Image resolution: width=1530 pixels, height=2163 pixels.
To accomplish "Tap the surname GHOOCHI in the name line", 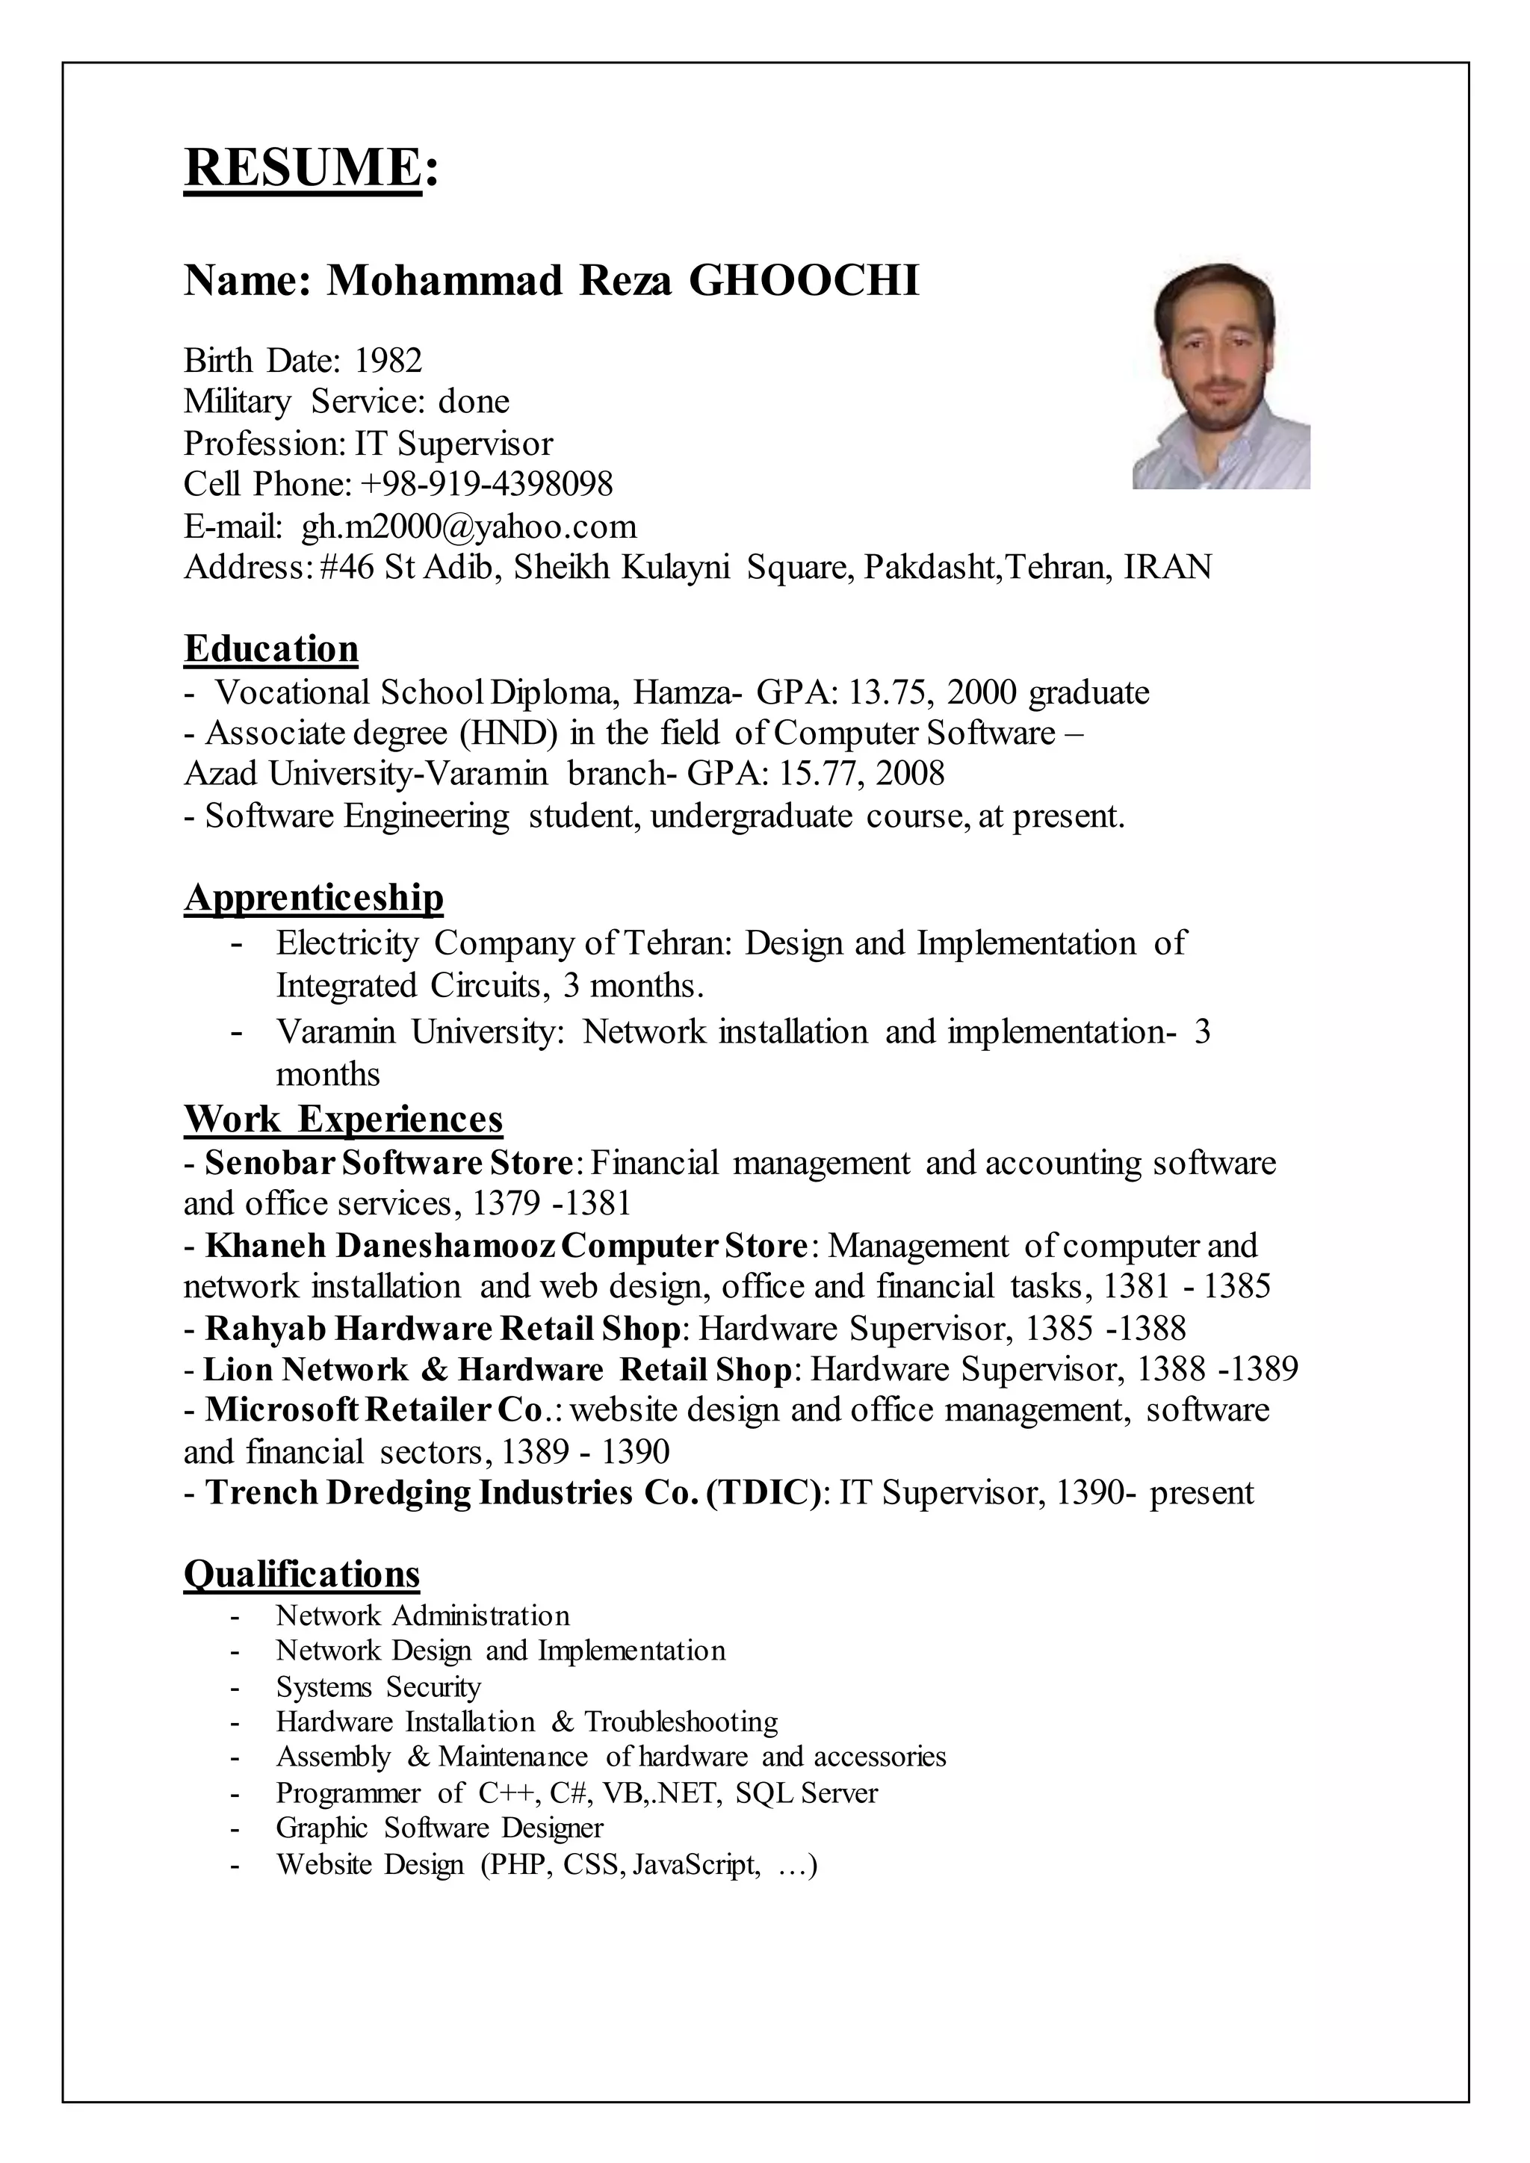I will tap(804, 281).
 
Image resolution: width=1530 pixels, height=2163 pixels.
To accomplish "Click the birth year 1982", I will tap(388, 361).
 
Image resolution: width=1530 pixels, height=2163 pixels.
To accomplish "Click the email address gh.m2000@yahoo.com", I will tap(468, 527).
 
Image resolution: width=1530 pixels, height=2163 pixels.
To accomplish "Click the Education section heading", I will tap(271, 649).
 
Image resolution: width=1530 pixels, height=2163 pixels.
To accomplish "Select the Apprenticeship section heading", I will tap(314, 897).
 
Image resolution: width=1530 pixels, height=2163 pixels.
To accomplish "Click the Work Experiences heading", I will tap(343, 1119).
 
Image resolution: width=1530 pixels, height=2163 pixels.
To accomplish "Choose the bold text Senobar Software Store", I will tap(388, 1162).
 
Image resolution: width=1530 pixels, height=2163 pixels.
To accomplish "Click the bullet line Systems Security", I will tap(378, 1686).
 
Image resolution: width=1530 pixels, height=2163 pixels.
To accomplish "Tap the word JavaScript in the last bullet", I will tap(696, 1864).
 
